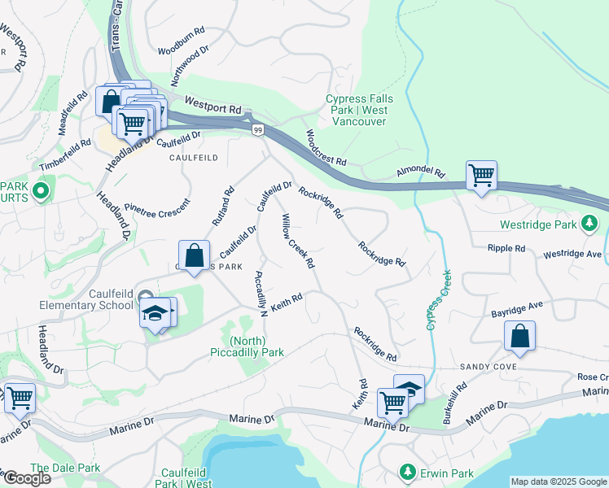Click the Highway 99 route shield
point(257,130)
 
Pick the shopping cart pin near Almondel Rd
point(481,175)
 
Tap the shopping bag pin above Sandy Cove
point(519,336)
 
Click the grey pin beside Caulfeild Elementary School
point(145,296)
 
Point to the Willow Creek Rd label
point(298,241)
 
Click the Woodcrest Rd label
point(326,147)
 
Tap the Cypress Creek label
point(438,300)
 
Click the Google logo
point(28,478)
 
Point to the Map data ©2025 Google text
point(558,481)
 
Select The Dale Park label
point(65,468)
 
